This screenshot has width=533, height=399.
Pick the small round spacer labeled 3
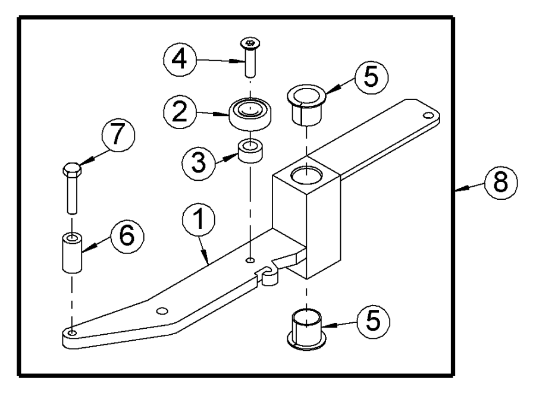coord(250,152)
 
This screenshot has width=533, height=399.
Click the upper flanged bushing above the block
coord(306,104)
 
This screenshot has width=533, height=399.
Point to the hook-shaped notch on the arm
coord(269,275)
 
